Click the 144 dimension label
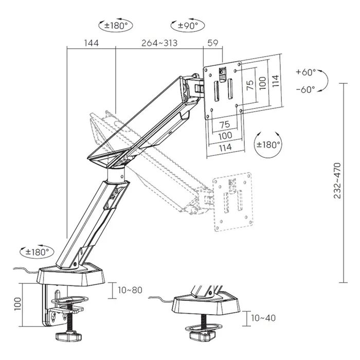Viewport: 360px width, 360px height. point(92,43)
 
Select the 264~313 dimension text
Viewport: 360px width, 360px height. point(159,43)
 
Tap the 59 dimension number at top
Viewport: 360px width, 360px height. point(212,43)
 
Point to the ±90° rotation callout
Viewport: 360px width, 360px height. point(188,25)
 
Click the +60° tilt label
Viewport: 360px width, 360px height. point(306,72)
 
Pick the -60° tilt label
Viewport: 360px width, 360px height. point(306,89)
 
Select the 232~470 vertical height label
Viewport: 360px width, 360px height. point(337,181)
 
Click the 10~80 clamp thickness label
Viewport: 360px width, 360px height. point(130,290)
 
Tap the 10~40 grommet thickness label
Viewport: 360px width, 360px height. point(263,318)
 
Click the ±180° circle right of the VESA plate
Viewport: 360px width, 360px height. point(268,145)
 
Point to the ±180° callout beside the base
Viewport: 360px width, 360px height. point(37,252)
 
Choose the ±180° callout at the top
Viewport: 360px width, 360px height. point(116,25)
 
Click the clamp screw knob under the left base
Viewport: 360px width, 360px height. point(68,336)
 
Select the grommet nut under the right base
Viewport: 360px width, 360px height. point(202,336)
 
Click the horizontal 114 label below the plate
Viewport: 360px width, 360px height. point(225,148)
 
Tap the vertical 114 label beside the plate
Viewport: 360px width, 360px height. point(275,81)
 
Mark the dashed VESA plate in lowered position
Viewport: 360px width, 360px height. point(233,202)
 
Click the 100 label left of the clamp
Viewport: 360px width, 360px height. point(17,304)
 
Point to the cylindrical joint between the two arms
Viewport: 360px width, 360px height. point(116,176)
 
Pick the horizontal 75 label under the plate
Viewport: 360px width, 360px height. point(225,124)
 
